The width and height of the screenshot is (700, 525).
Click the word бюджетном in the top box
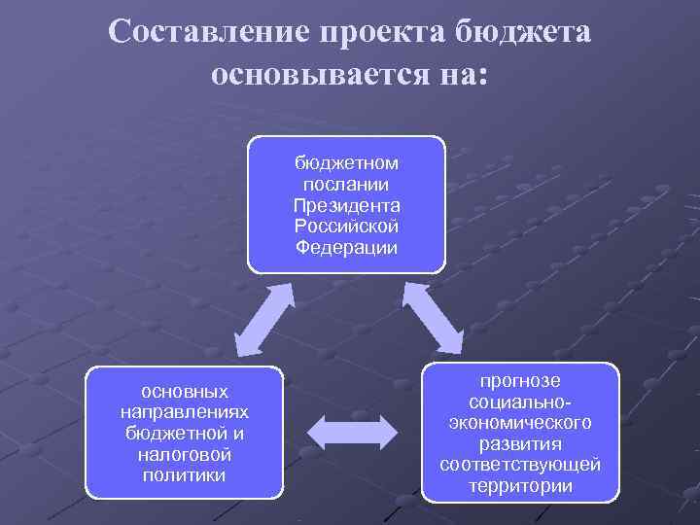point(347,163)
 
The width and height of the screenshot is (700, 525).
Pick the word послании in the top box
point(347,184)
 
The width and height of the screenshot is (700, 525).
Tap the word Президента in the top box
point(347,205)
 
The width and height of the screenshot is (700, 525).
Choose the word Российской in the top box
point(347,226)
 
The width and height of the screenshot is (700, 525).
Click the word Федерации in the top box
point(347,247)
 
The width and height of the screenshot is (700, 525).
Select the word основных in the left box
point(185,392)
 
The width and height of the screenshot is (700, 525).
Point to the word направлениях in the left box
point(185,412)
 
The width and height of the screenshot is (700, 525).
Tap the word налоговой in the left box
point(185,454)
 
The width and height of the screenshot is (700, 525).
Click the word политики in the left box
point(185,475)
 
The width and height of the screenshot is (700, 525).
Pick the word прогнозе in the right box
point(521,381)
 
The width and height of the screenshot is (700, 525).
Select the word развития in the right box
point(521,443)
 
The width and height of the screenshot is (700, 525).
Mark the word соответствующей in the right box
point(521,465)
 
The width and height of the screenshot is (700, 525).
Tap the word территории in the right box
point(521,485)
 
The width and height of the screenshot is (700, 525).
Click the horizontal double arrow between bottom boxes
point(353,429)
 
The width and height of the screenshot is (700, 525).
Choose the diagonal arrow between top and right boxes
point(434,318)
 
